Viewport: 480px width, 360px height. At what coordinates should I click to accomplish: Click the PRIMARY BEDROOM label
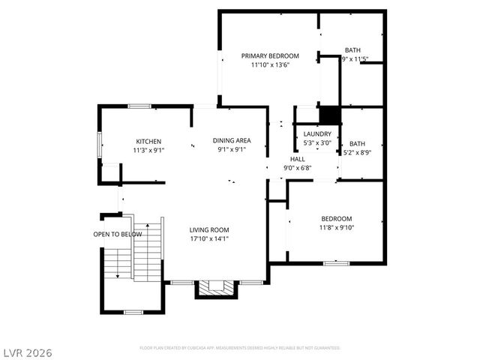coord(270,55)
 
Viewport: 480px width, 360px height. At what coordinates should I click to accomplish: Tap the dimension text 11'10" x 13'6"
coord(270,65)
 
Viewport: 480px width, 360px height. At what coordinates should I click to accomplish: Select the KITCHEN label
coord(148,141)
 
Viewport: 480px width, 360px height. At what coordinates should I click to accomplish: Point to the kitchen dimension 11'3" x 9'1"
coord(148,150)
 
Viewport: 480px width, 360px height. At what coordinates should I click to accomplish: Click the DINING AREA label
coord(232,140)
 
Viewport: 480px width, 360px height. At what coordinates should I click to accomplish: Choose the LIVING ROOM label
coord(209,229)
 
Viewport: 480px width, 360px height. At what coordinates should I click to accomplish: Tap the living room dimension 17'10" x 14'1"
coord(209,239)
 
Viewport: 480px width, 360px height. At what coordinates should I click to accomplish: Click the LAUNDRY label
coord(317,133)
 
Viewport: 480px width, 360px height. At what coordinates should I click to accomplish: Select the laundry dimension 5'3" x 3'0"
coord(317,142)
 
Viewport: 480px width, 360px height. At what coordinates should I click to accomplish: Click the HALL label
coord(298,160)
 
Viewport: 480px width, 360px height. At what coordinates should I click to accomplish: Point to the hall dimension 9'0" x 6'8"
coord(298,169)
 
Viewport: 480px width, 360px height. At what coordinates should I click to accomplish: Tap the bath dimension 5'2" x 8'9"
coord(357,152)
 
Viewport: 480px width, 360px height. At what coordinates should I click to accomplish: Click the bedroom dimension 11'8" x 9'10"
coord(336,227)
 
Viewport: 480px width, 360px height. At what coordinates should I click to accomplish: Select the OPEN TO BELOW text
coord(118,234)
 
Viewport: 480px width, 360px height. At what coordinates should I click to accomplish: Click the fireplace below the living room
coord(216,289)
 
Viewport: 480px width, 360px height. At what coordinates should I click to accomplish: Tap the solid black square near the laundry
coord(330,115)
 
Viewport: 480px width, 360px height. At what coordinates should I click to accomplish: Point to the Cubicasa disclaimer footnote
coord(240,348)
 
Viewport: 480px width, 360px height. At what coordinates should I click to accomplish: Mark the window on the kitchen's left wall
coord(99,145)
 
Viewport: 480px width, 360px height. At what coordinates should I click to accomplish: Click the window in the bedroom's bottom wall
coord(336,263)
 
